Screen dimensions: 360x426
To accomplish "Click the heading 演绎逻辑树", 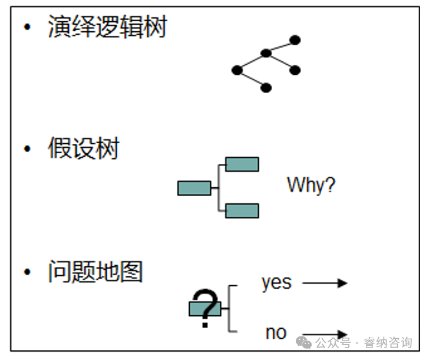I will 107,27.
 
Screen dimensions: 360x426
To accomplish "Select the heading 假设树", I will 83,148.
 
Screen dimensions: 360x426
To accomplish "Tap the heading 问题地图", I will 95,272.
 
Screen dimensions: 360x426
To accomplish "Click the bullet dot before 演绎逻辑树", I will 27,28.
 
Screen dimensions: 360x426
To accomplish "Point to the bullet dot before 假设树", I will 27,149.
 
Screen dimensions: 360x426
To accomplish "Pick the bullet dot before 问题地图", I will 27,272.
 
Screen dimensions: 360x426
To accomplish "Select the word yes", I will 276,282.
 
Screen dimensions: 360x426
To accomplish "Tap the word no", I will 275,333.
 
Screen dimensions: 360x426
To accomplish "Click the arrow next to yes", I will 325,283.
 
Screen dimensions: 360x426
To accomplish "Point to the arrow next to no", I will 325,334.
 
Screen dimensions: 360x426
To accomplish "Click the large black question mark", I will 205,307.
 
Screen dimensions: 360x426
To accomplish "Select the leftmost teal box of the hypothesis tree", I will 194,188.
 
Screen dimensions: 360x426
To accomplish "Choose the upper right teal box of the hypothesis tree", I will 242,164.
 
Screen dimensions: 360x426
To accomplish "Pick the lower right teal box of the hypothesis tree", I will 242,210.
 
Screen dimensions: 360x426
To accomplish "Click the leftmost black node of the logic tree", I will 237,70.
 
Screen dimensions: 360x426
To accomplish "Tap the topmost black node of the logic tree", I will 295,40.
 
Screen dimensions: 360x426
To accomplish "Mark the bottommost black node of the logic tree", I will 266,88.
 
